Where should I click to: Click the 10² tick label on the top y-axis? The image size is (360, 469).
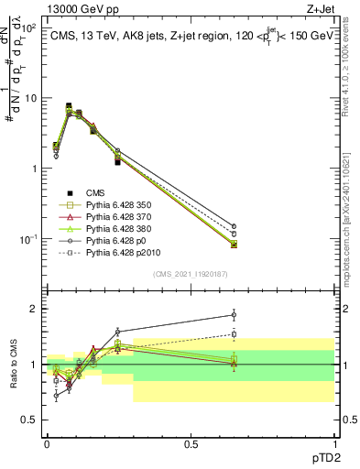(x=28, y=28)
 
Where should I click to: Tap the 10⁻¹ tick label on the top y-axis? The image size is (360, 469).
(x=28, y=239)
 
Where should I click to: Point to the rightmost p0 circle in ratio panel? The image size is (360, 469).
(x=234, y=314)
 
